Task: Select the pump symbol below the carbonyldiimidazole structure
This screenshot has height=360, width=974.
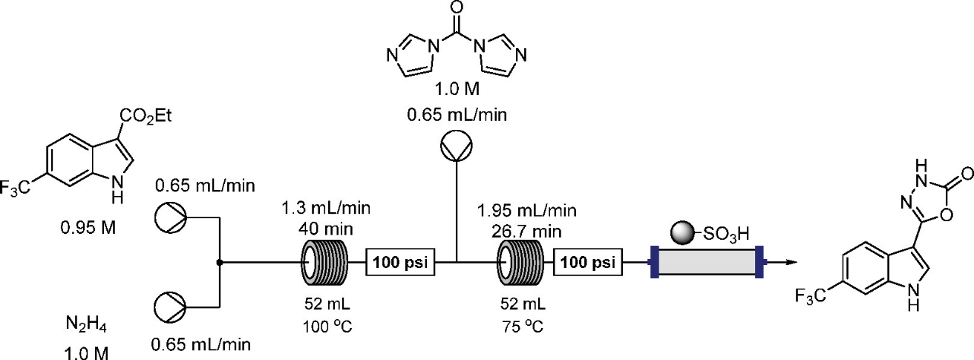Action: coord(455,147)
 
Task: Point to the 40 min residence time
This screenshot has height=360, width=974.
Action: coord(327,226)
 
